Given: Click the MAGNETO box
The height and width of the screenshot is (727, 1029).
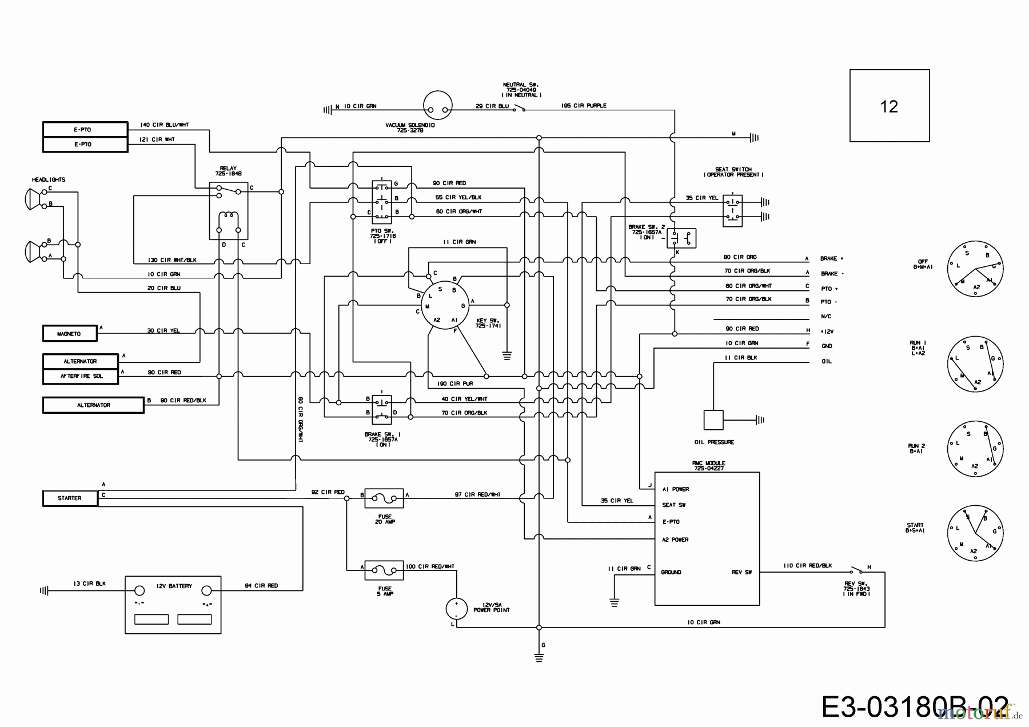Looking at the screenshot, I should pyautogui.click(x=70, y=333).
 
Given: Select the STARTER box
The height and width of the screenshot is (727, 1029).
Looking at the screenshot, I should pyautogui.click(x=70, y=498).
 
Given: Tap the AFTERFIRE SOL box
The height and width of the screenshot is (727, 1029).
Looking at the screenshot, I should pyautogui.click(x=81, y=376).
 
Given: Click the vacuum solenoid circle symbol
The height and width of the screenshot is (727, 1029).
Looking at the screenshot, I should pyautogui.click(x=437, y=106).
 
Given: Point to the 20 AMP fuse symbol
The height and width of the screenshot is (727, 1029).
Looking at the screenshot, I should pyautogui.click(x=384, y=498).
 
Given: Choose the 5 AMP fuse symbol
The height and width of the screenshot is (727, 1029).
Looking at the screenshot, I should pyautogui.click(x=384, y=570).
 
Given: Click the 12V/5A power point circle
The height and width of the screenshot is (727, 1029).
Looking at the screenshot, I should pyautogui.click(x=456, y=609).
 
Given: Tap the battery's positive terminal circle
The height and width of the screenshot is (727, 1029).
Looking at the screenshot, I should pyautogui.click(x=207, y=592).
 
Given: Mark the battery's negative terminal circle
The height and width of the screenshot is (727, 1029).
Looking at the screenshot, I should pyautogui.click(x=139, y=592).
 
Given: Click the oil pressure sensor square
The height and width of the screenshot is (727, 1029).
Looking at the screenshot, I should pyautogui.click(x=713, y=420).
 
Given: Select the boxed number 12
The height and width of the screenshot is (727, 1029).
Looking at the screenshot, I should pyautogui.click(x=889, y=106).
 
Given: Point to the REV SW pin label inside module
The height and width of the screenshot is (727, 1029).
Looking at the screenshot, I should pyautogui.click(x=741, y=572).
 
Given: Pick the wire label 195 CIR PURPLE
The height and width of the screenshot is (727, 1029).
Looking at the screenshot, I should pyautogui.click(x=584, y=106).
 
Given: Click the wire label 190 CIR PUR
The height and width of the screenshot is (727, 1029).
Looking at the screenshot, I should pyautogui.click(x=454, y=384).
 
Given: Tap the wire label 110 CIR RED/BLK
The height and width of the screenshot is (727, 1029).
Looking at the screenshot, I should pyautogui.click(x=807, y=565).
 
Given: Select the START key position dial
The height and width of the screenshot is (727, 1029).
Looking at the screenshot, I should pyautogui.click(x=975, y=532).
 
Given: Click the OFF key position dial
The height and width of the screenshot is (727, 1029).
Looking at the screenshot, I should pyautogui.click(x=975, y=269).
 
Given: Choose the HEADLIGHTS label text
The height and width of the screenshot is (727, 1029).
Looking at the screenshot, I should pyautogui.click(x=49, y=179).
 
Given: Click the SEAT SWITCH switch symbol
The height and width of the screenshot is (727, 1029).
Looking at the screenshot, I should pyautogui.click(x=732, y=210).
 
